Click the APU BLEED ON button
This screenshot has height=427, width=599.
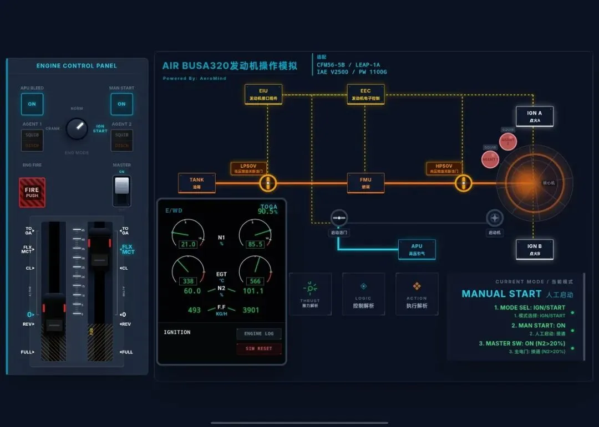coord(32,104)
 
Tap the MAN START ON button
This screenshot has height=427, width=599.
coord(121,104)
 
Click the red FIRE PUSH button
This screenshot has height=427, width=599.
coord(32,192)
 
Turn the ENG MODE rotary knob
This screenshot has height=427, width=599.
coord(77,128)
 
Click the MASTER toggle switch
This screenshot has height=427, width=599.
coord(121,191)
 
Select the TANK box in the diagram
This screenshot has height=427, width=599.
coord(196,183)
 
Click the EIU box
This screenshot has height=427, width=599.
coord(263,94)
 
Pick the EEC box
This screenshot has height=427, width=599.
coord(366,94)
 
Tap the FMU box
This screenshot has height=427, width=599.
coord(366,183)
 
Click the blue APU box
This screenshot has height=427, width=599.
coord(417,249)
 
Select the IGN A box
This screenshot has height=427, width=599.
coord(534,116)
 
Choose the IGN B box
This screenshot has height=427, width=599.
coord(534,249)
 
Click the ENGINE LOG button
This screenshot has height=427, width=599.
coord(259,334)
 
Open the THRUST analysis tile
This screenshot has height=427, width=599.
coord(310,294)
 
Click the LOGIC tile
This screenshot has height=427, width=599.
coord(363,294)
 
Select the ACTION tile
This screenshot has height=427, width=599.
coord(417,294)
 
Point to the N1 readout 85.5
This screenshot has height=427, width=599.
coord(255,244)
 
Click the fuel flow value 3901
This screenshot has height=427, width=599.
coord(251,310)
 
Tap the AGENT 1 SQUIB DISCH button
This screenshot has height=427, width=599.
coord(32,140)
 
